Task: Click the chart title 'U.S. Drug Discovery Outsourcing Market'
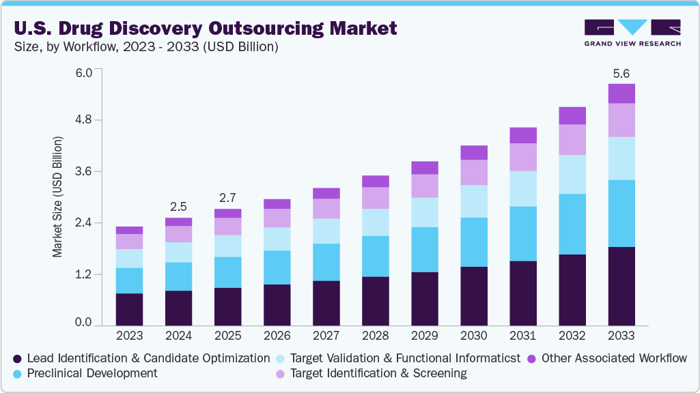pyautogui.click(x=204, y=28)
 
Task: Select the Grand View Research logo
pyautogui.click(x=632, y=33)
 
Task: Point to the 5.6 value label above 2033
pyautogui.click(x=621, y=73)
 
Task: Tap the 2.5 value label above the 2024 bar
pyautogui.click(x=178, y=207)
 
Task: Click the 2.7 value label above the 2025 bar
pyautogui.click(x=227, y=198)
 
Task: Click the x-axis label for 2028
pyautogui.click(x=375, y=336)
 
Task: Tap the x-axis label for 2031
pyautogui.click(x=522, y=336)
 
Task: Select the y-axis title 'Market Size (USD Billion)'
pyautogui.click(x=57, y=197)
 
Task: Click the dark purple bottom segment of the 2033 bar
pyautogui.click(x=621, y=286)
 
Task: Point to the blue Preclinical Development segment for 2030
pyautogui.click(x=473, y=242)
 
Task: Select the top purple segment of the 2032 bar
pyautogui.click(x=572, y=115)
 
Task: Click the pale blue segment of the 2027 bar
pyautogui.click(x=326, y=231)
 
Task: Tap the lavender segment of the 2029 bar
pyautogui.click(x=424, y=186)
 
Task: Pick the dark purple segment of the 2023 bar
pyautogui.click(x=129, y=309)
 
